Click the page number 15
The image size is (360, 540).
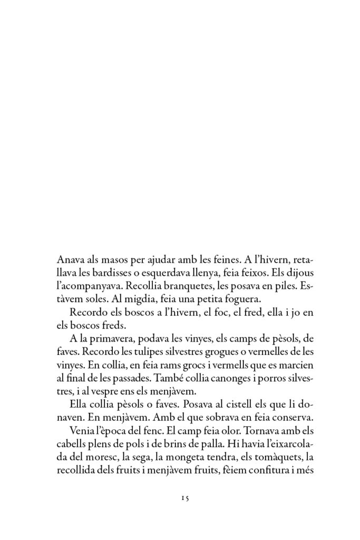(x=180, y=497)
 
